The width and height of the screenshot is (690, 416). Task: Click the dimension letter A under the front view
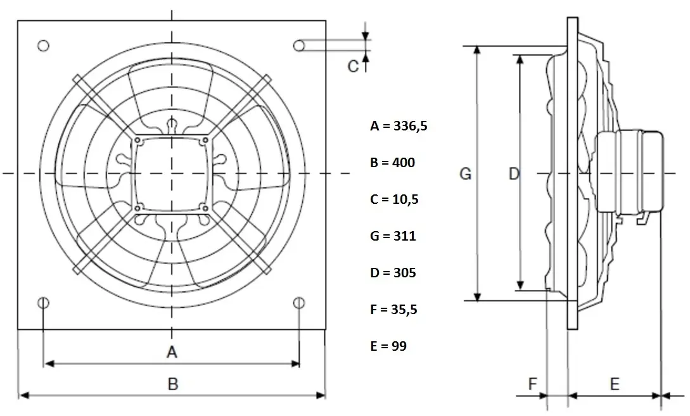click(x=172, y=352)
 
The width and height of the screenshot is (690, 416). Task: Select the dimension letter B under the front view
click(x=173, y=384)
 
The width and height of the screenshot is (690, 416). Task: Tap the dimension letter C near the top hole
click(x=353, y=66)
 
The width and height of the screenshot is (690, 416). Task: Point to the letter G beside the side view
click(x=465, y=174)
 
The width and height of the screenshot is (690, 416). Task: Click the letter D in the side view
click(x=514, y=174)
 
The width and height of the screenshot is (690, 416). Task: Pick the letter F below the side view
click(x=532, y=384)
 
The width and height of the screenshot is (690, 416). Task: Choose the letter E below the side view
click(x=615, y=384)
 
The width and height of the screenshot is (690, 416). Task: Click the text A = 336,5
click(x=399, y=126)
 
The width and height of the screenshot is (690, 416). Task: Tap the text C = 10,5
click(x=394, y=199)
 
